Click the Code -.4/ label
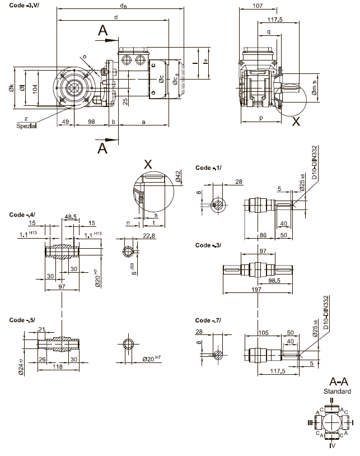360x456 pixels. pos(22,215)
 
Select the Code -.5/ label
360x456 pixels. pos(22,319)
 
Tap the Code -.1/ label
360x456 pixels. pos(208,167)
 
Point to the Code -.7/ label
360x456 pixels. pos(208,320)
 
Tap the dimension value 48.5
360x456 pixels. pos(71,216)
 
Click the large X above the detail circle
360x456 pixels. pos(148,164)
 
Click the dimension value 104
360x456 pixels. pos(35,89)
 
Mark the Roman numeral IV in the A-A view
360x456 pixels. pos(332,446)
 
